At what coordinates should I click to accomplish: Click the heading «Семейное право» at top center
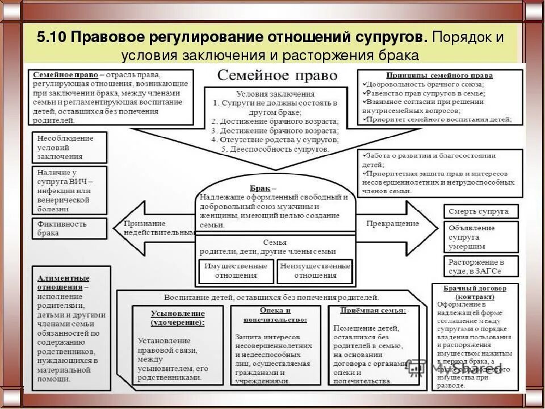coord(278,76)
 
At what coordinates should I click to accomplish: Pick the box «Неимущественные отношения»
coord(315,270)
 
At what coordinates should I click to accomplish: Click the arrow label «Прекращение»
coord(392,223)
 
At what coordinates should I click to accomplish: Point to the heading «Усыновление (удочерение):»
coord(178,318)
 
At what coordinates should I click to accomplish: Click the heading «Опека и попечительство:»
coord(275,315)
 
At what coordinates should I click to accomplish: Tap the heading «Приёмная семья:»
coord(373,311)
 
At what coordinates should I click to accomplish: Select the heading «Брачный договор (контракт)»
coord(476,292)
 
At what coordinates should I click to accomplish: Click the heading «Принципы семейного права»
coord(439,75)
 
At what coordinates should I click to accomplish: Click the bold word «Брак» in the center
coord(263,187)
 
